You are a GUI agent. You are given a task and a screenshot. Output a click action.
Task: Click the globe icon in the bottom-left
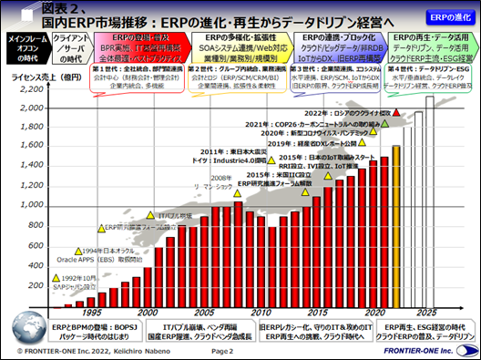(10, 347)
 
